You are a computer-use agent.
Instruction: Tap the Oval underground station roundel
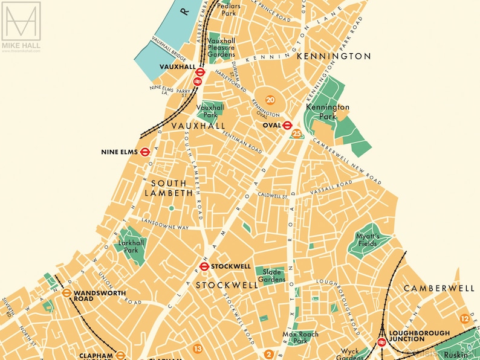(x=287, y=125)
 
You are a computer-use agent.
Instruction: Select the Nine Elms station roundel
(x=145, y=152)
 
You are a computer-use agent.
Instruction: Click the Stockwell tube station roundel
(x=204, y=266)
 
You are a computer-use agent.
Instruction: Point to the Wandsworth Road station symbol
(x=66, y=293)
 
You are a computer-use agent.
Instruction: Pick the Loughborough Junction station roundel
(x=381, y=342)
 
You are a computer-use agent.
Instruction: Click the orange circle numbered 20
(x=270, y=100)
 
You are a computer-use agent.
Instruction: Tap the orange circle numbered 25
(x=296, y=133)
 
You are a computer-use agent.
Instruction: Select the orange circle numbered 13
(x=198, y=348)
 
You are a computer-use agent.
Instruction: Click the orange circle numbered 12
(x=464, y=318)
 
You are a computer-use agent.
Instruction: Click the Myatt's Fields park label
(x=367, y=240)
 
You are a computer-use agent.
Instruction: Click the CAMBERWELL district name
(x=439, y=288)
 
